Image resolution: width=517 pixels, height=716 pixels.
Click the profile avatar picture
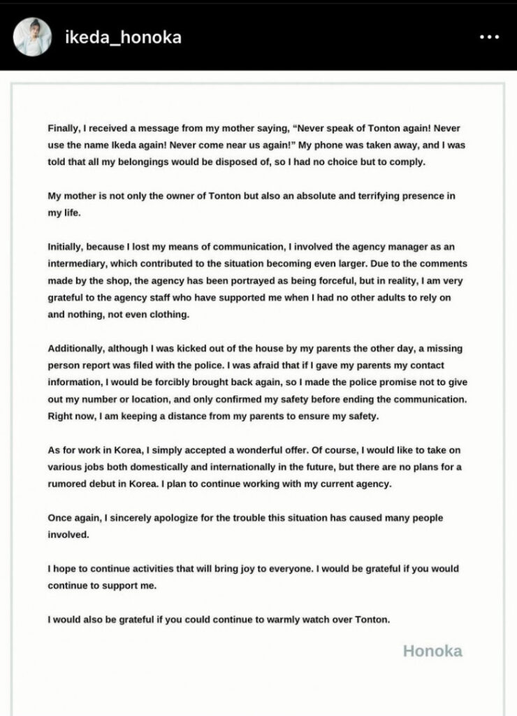tap(30, 36)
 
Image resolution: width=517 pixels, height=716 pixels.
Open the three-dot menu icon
tap(488, 37)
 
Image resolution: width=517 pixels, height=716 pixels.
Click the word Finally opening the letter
tap(64, 129)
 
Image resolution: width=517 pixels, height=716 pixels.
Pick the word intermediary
tap(80, 264)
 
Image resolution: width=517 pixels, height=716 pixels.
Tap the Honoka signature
tap(432, 651)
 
